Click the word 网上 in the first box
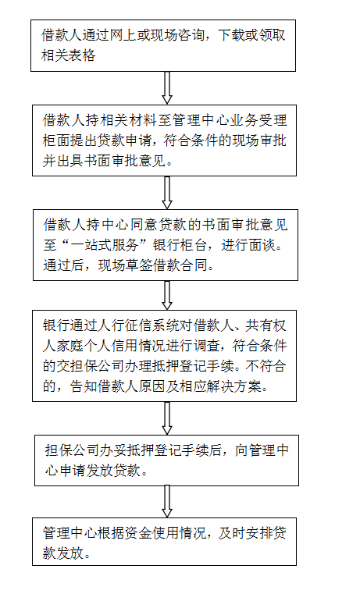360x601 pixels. coord(123,36)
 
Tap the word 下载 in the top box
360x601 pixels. coord(231,36)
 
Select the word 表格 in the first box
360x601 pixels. coord(82,55)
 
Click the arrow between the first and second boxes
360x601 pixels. coord(167,87)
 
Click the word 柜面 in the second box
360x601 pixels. coord(56,140)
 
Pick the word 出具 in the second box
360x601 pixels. coord(70,161)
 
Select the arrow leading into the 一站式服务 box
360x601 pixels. coord(167,193)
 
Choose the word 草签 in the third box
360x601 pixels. coord(139,265)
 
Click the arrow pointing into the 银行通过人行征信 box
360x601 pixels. coord(167,295)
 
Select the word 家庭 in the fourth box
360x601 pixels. coord(70,346)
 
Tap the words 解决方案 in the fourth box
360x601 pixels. coord(233,386)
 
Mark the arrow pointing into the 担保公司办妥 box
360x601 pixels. coord(167,418)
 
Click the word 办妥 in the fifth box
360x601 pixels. coord(112,450)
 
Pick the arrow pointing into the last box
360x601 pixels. coord(167,502)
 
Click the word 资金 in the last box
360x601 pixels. coord(138,533)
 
